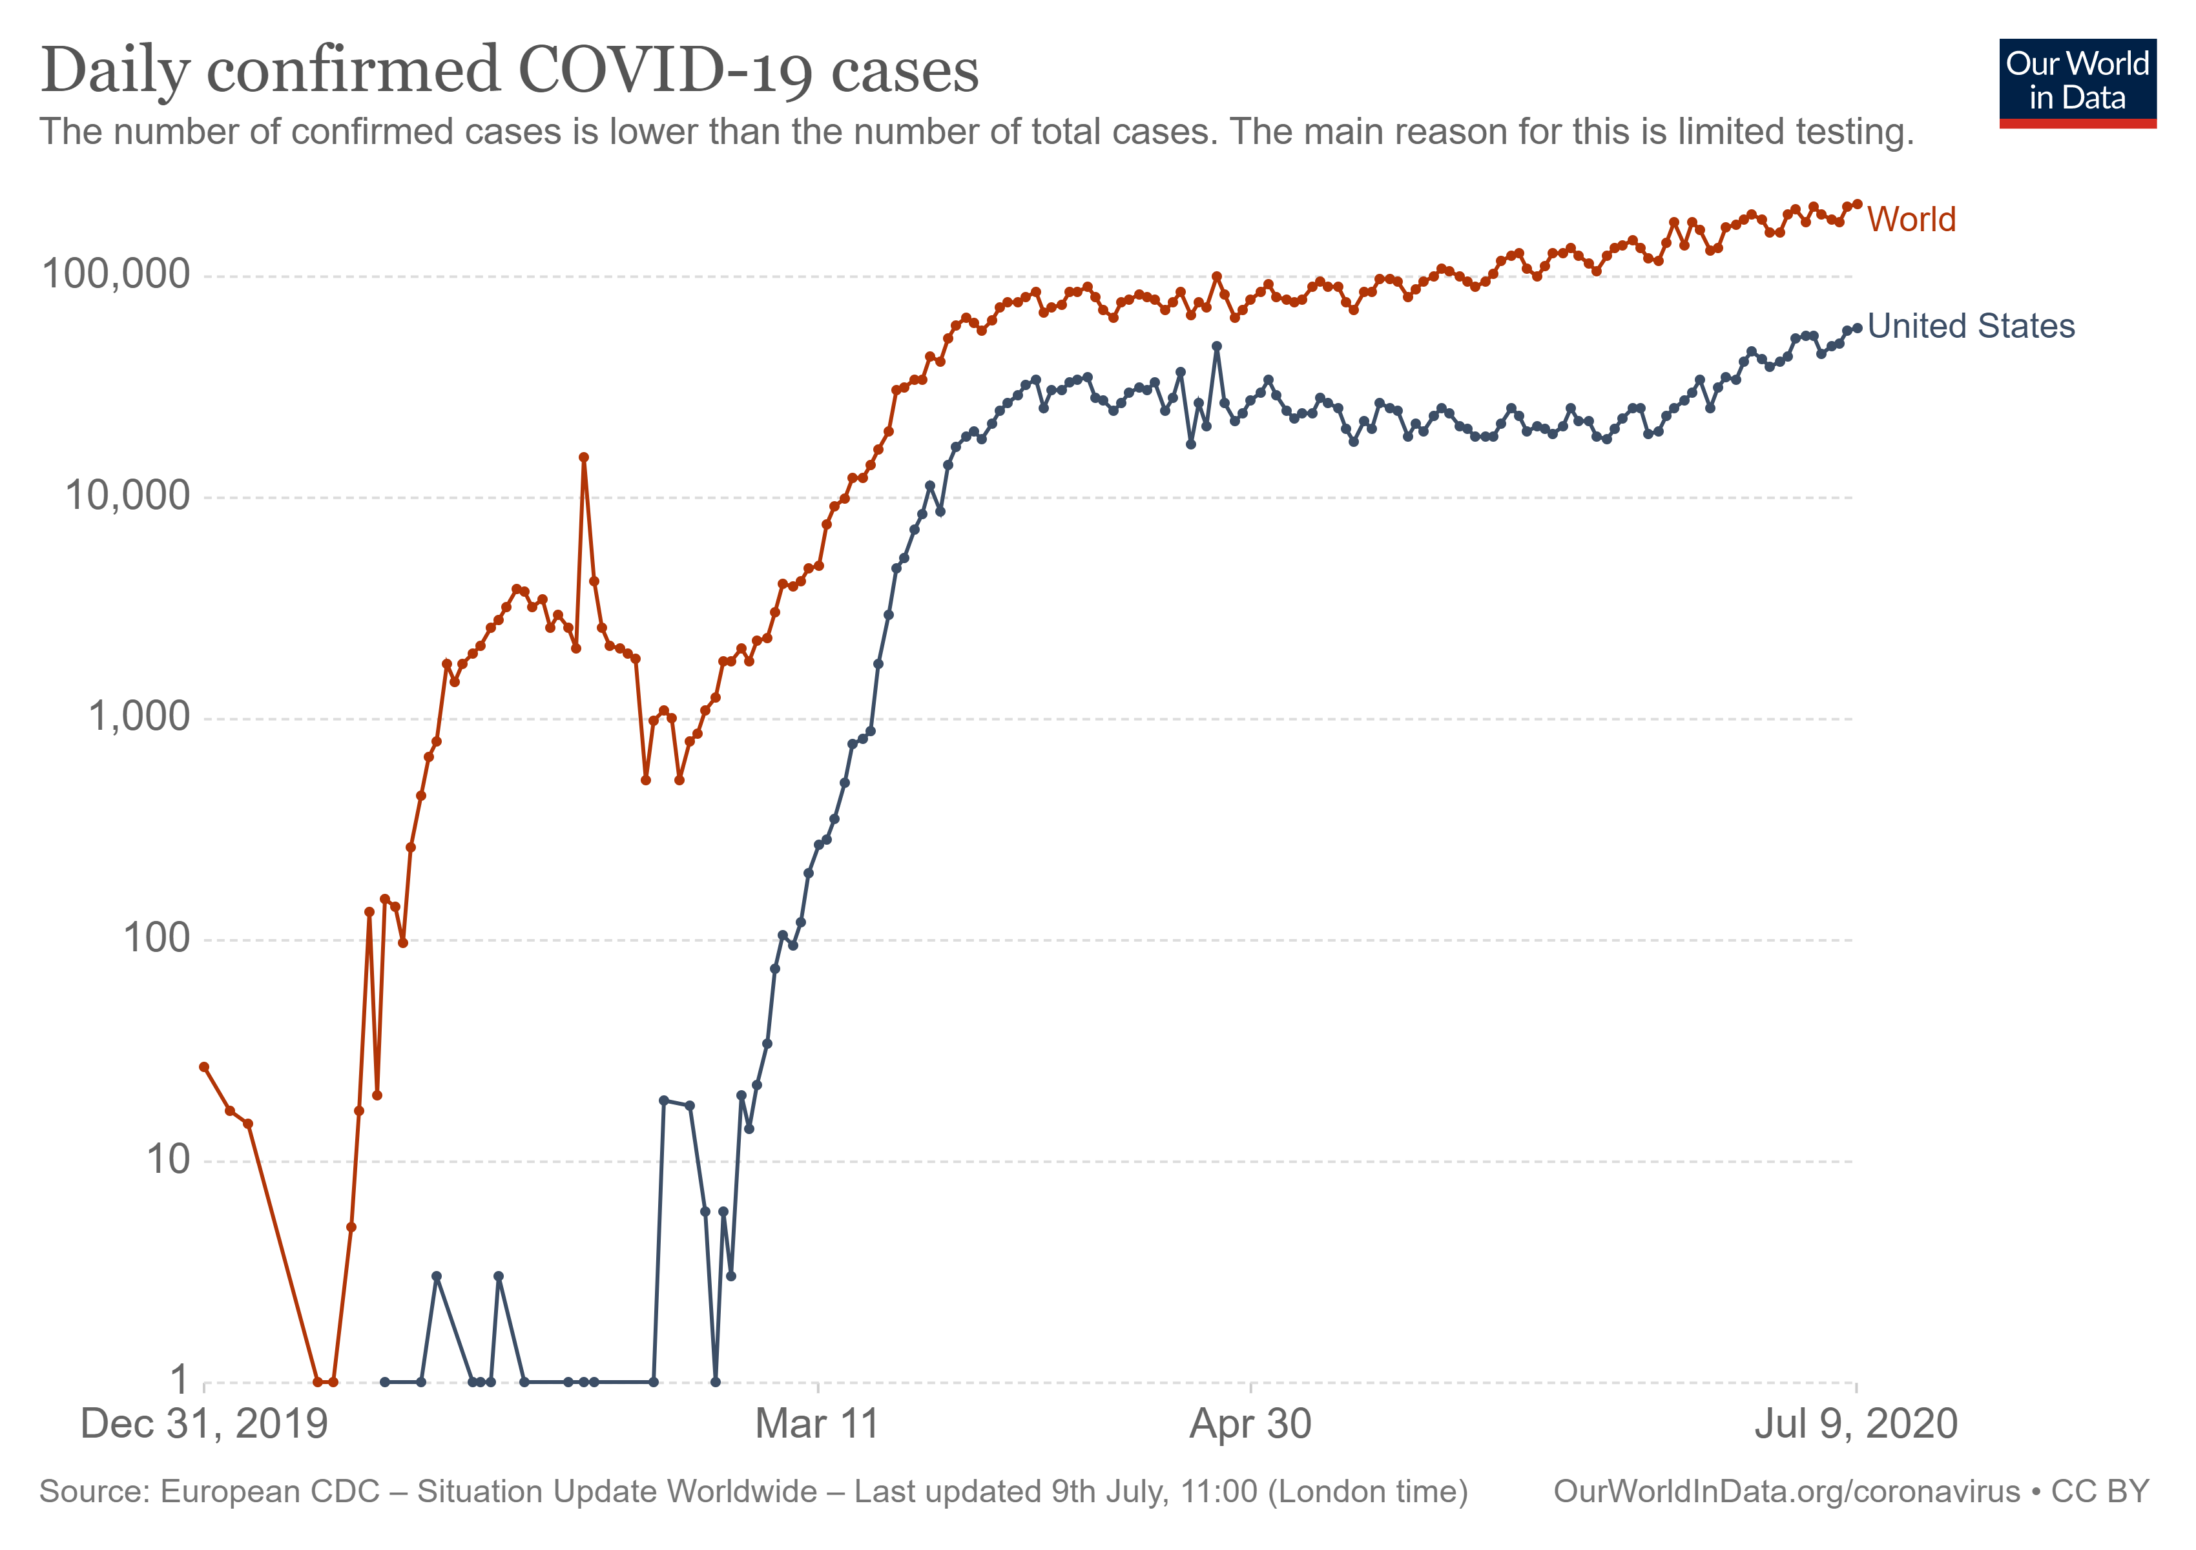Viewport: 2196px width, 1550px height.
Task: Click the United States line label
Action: pyautogui.click(x=1971, y=326)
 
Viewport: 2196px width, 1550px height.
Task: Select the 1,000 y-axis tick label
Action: pyautogui.click(x=139, y=716)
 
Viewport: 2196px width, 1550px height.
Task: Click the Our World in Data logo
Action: pyautogui.click(x=2077, y=82)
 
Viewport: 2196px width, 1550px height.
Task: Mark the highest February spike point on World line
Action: pyautogui.click(x=583, y=457)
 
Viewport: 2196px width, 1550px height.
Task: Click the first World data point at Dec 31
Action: pyautogui.click(x=203, y=1067)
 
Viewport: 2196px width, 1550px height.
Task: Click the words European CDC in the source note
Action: pyautogui.click(x=270, y=1492)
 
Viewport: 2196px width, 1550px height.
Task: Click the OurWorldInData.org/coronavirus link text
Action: pyautogui.click(x=1787, y=1492)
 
